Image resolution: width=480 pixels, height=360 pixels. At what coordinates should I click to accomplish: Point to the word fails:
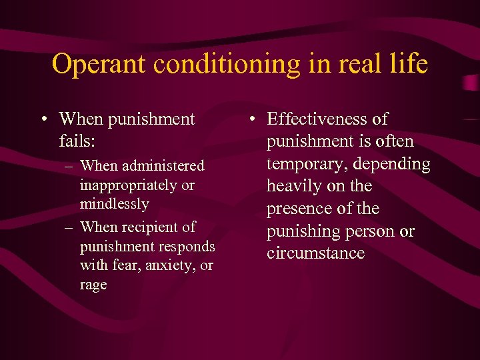(79, 141)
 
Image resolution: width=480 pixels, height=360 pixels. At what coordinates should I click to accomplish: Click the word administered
(163, 165)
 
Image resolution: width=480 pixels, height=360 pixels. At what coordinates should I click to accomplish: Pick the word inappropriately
(124, 185)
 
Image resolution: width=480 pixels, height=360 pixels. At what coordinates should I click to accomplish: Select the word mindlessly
(114, 203)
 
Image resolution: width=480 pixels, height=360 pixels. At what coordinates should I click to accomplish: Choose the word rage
(93, 285)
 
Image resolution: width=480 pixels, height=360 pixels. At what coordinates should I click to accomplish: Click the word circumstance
(315, 253)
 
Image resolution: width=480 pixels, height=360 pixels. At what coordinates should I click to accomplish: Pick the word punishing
(303, 231)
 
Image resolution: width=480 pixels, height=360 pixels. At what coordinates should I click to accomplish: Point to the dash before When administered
(69, 165)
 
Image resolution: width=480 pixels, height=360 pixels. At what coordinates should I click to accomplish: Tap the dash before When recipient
(69, 227)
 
